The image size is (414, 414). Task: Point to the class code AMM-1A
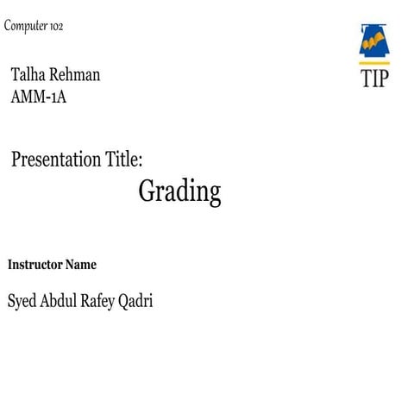tap(39, 97)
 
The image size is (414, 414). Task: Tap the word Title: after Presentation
tap(123, 159)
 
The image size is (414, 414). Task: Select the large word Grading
tap(179, 191)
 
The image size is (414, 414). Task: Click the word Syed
tap(22, 302)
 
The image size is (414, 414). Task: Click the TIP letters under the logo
tap(374, 78)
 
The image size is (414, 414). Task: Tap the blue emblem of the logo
tap(374, 41)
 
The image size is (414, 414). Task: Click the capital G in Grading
tap(147, 191)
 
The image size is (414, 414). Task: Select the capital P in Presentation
tap(17, 159)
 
